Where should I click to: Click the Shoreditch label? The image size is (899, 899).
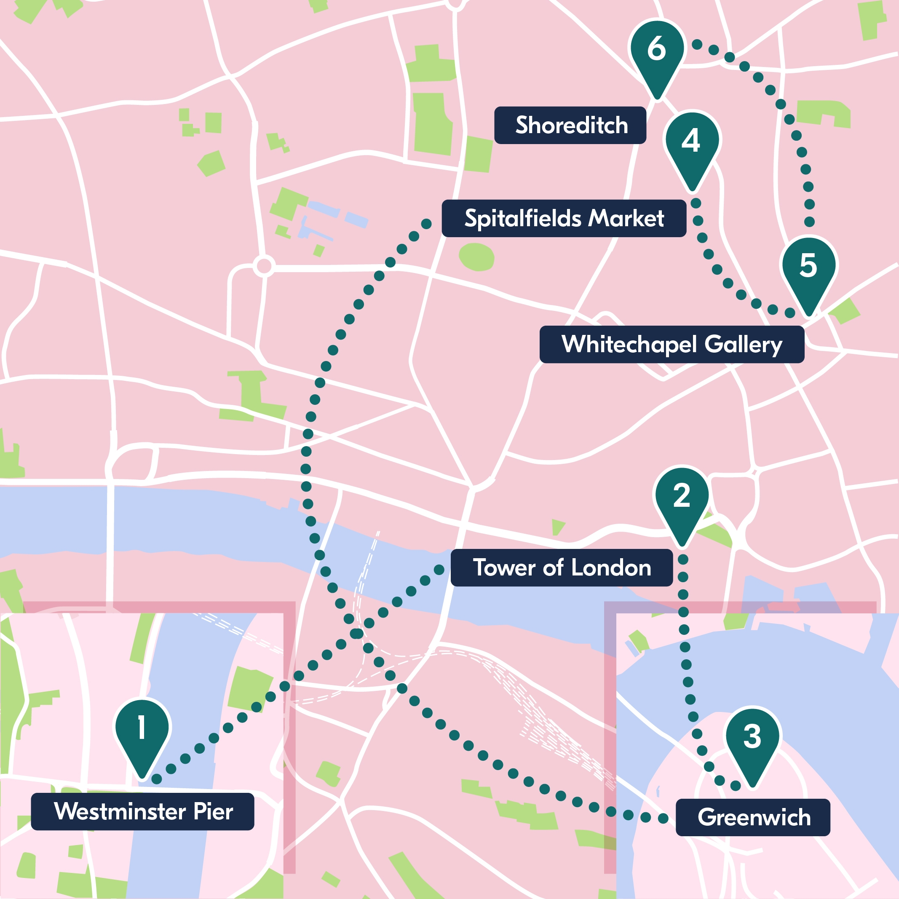point(570,125)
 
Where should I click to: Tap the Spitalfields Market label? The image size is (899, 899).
point(564,218)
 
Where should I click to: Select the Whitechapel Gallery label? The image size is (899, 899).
point(672,344)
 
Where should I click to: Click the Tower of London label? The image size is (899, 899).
point(562,568)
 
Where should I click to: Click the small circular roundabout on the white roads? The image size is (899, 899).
point(264,267)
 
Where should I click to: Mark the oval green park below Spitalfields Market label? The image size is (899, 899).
point(476,257)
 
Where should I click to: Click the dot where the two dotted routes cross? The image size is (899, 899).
point(356,633)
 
